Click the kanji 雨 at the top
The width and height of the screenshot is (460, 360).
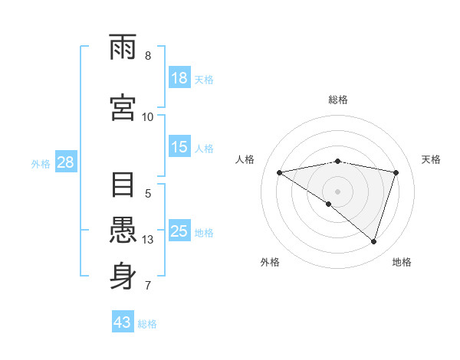tap(123, 48)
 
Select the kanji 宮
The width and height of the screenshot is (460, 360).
tap(123, 108)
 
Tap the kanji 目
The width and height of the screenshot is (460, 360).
tap(123, 186)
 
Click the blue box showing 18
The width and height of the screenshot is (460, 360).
tap(179, 78)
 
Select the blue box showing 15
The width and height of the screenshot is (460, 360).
tap(179, 148)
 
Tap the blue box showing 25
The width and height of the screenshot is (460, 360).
tap(179, 232)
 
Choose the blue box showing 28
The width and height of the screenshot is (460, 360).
tap(65, 162)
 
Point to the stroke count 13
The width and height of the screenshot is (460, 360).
tap(149, 240)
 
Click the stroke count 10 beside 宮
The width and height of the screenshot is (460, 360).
tap(148, 116)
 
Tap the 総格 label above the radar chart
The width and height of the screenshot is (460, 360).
tap(338, 100)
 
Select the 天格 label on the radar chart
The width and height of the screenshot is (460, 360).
tap(431, 159)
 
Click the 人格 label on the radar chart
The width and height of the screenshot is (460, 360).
tap(245, 159)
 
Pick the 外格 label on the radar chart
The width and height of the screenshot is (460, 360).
tap(270, 262)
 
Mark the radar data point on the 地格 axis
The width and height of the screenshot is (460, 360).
tap(373, 241)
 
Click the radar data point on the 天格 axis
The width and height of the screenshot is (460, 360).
tap(396, 172)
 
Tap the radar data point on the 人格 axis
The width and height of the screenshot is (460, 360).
tap(280, 172)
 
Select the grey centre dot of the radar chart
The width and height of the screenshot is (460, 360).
tap(338, 191)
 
